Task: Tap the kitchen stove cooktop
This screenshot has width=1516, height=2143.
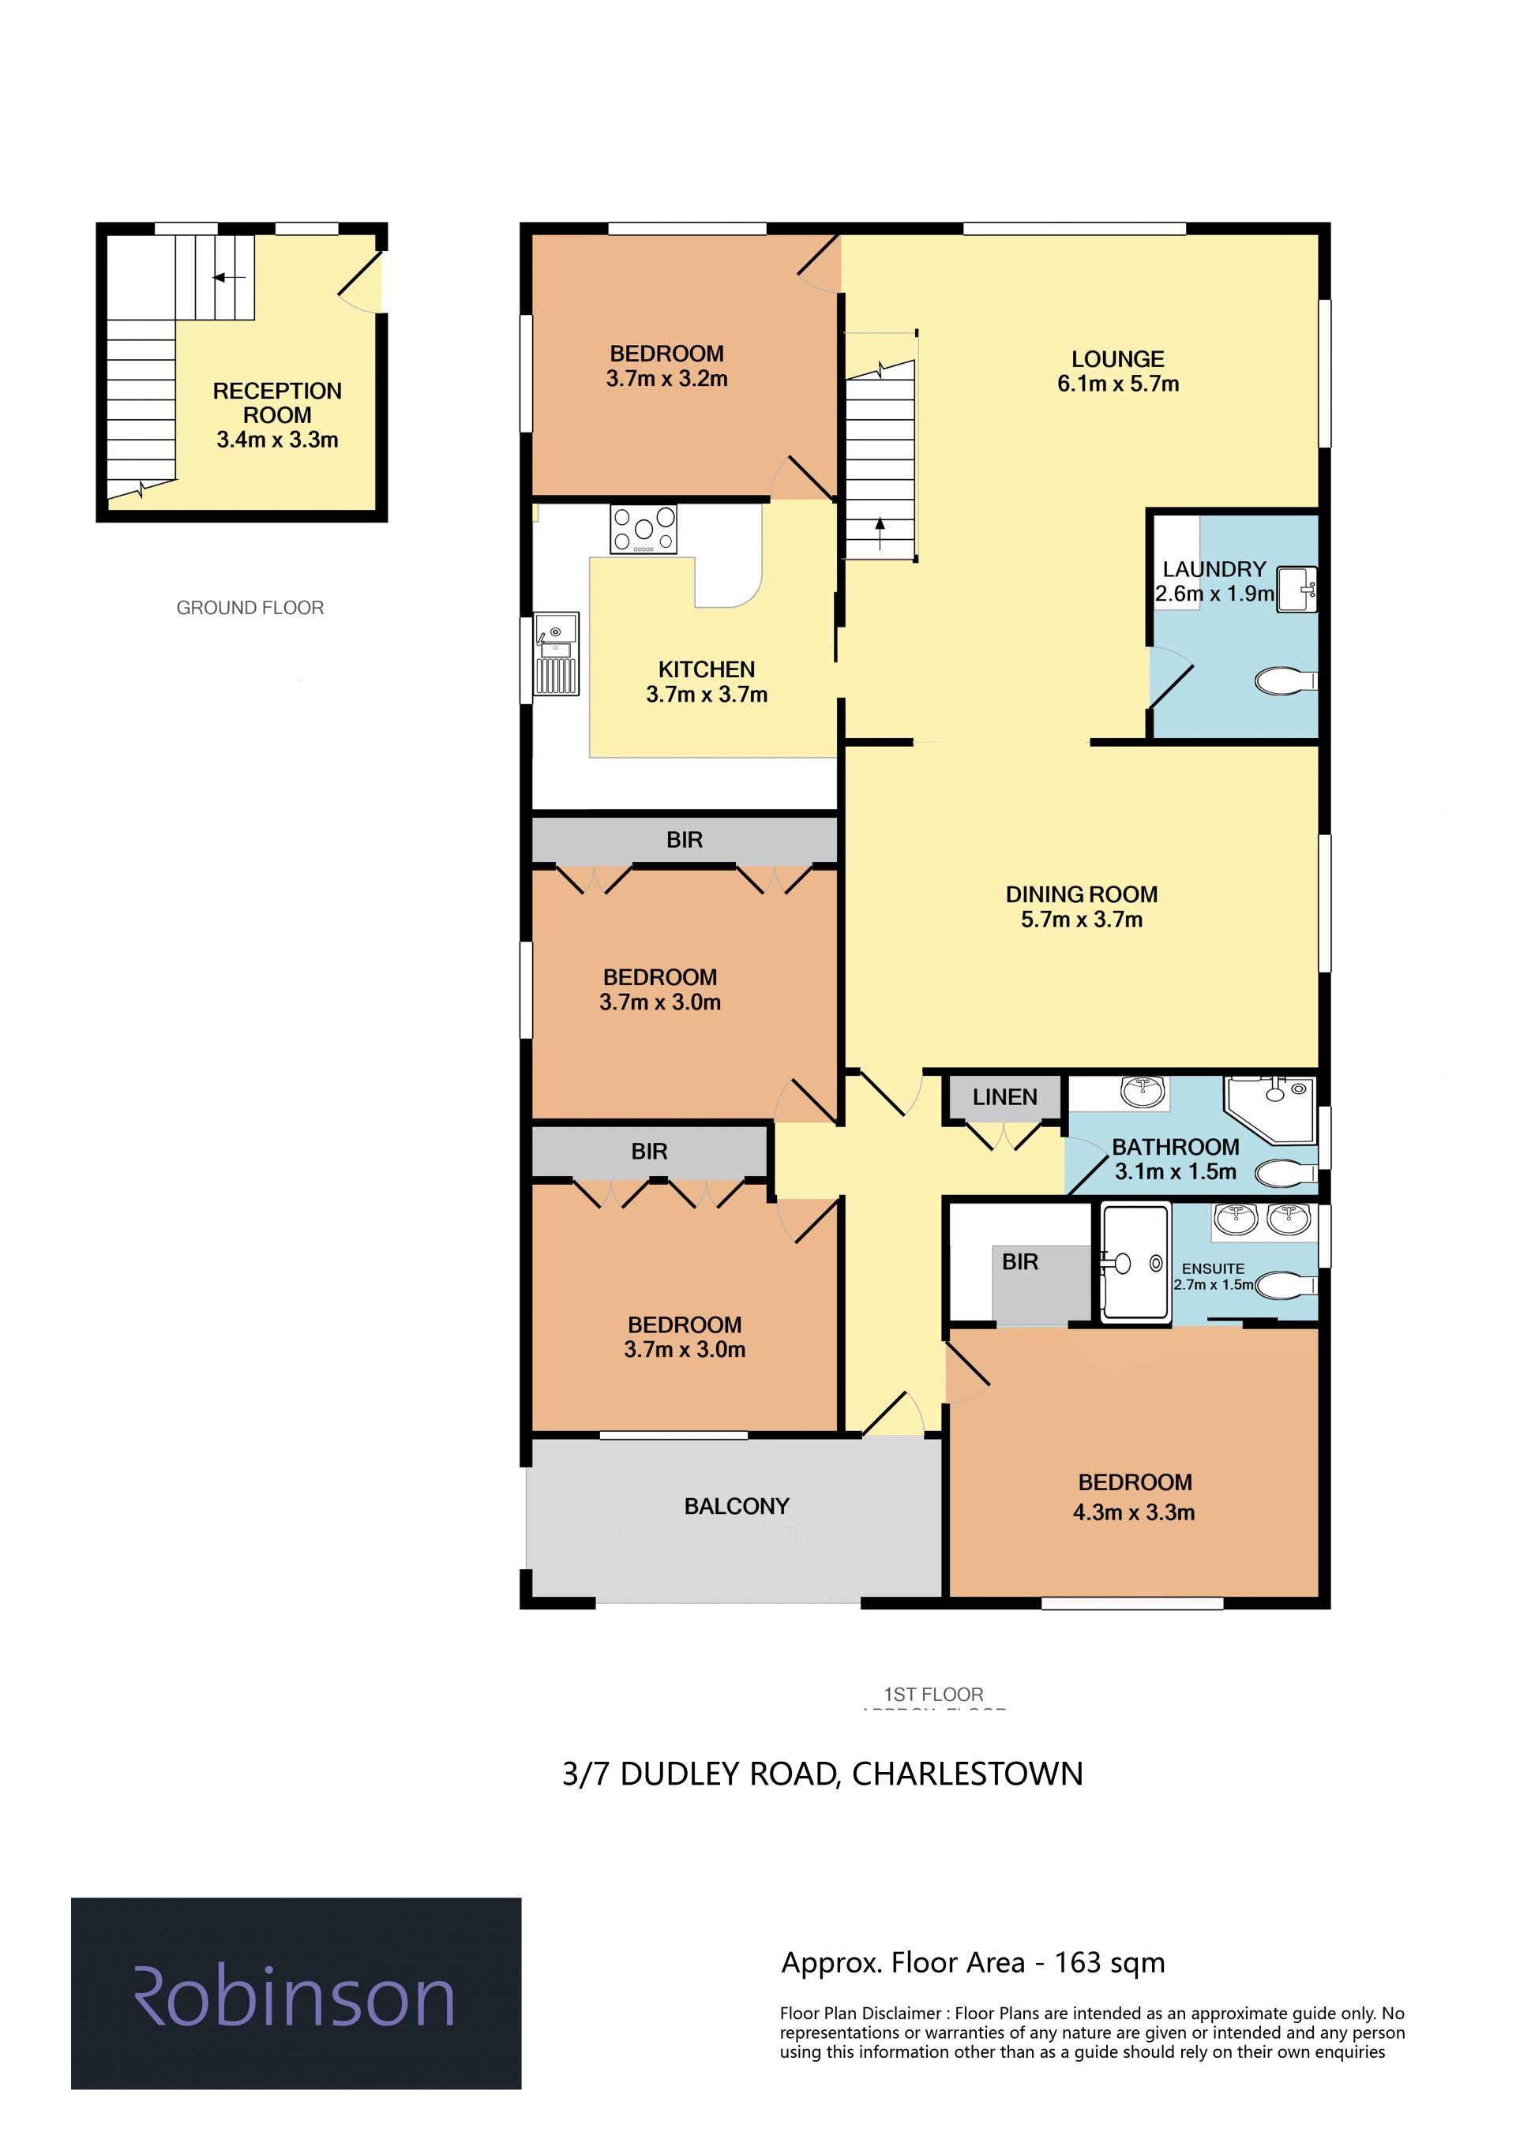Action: (644, 529)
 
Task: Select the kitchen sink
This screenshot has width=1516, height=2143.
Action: (557, 654)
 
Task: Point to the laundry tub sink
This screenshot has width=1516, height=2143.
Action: (1296, 589)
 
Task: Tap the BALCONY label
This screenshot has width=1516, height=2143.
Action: (737, 1507)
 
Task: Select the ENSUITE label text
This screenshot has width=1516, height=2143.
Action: (1213, 1268)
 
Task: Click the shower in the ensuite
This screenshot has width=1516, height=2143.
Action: (1134, 1263)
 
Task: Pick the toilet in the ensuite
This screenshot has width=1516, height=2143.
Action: (1286, 1285)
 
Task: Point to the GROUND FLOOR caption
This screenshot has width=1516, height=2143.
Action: (250, 608)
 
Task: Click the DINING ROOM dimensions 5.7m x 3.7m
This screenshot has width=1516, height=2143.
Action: (1081, 920)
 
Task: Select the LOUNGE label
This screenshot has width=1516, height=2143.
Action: (1117, 359)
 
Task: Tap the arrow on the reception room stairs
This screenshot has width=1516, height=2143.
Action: (229, 277)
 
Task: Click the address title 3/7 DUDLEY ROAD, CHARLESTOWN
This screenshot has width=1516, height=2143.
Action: (823, 1774)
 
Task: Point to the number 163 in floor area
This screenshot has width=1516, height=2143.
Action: (1079, 1963)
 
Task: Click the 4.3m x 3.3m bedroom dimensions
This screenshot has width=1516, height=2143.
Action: (1133, 1512)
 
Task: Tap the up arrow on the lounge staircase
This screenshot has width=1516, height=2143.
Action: (880, 536)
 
